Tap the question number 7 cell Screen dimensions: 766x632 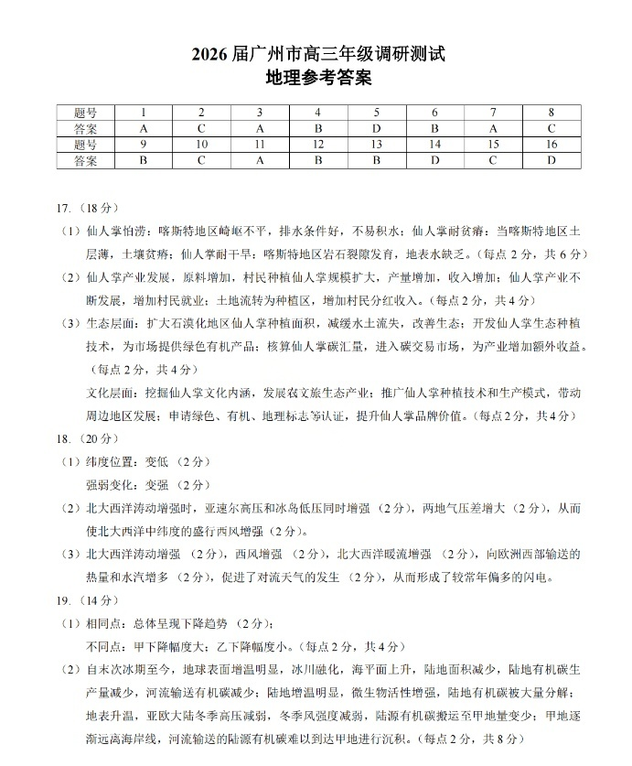tap(493, 113)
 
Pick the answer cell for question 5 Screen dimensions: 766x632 tap(376, 128)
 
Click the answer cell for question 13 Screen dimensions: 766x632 tap(376, 160)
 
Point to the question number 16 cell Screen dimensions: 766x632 tap(552, 145)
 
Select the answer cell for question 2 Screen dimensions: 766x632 tap(201, 128)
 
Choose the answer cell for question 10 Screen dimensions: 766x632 tap(201, 160)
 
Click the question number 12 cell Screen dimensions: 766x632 tap(317, 145)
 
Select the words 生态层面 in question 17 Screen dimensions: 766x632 tap(111, 323)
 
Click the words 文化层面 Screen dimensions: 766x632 tap(111, 392)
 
